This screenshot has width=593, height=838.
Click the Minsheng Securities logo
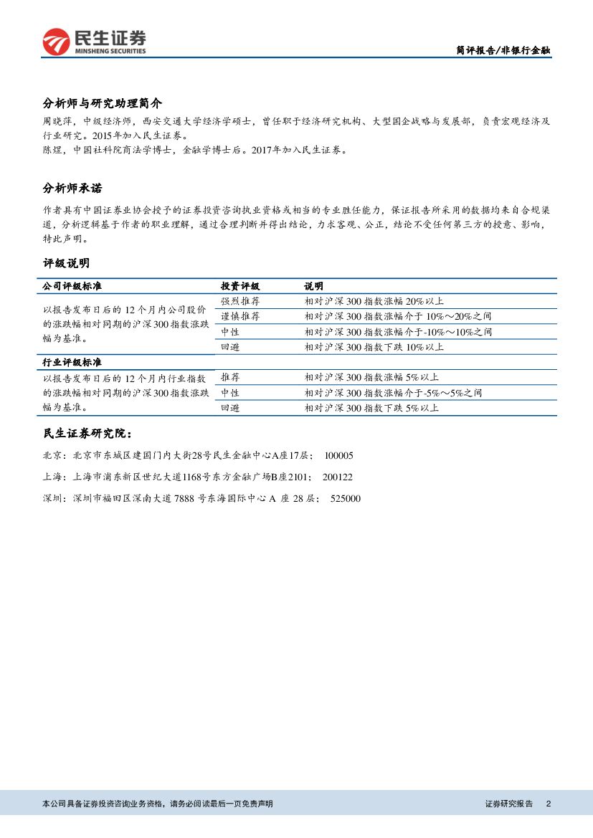tap(94, 42)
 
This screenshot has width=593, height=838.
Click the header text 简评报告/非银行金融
tap(503, 50)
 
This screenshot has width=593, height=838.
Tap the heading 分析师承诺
tap(72, 189)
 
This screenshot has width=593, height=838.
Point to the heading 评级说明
tap(66, 263)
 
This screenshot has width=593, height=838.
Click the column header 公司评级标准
tap(72, 286)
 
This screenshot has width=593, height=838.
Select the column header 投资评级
tap(240, 286)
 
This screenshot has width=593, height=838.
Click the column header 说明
tap(313, 286)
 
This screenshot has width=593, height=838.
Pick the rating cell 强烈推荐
tap(240, 301)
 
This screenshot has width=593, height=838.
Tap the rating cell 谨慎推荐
tap(240, 316)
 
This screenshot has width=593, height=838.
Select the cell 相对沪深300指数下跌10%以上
tap(374, 347)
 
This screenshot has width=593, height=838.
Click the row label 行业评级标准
tap(72, 363)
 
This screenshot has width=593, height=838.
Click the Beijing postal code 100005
tap(339, 456)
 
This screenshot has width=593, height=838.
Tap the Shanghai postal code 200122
tap(337, 477)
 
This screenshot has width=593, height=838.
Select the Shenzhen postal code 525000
tap(346, 499)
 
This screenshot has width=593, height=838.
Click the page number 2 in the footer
tap(548, 804)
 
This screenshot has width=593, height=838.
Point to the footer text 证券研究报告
tap(509, 804)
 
